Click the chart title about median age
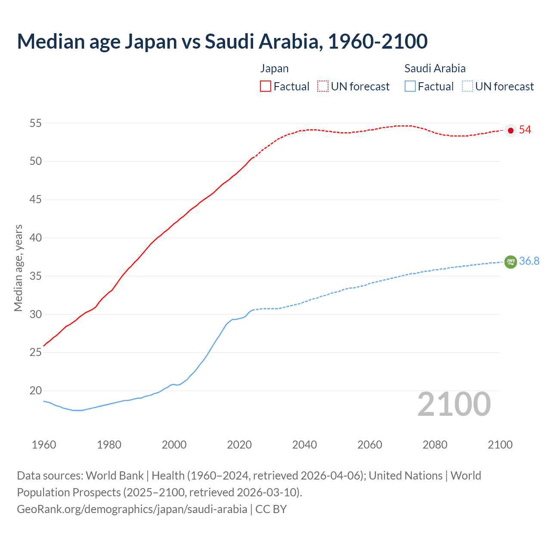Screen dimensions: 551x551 [222, 41]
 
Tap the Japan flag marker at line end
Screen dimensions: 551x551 [511, 130]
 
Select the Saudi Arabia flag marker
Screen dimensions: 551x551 [511, 262]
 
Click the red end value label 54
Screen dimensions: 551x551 [525, 130]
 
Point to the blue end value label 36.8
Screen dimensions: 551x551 [529, 261]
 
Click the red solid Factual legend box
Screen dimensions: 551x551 [266, 87]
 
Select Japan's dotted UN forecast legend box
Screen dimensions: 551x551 [323, 87]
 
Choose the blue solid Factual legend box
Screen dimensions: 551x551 [410, 87]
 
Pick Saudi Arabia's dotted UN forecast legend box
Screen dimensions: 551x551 [467, 87]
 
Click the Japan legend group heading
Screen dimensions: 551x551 [274, 68]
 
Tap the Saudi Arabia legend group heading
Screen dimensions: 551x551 [435, 68]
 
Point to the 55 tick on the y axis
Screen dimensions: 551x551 [35, 124]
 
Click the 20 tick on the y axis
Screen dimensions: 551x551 [35, 391]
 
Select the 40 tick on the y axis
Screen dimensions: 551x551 [35, 238]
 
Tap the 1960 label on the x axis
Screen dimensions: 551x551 [44, 445]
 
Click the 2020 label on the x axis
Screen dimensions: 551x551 [239, 445]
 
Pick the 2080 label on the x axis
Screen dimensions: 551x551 [435, 445]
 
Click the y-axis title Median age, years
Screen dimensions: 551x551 [18, 268]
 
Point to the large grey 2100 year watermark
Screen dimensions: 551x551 [454, 404]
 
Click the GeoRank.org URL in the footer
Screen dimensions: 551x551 [132, 509]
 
